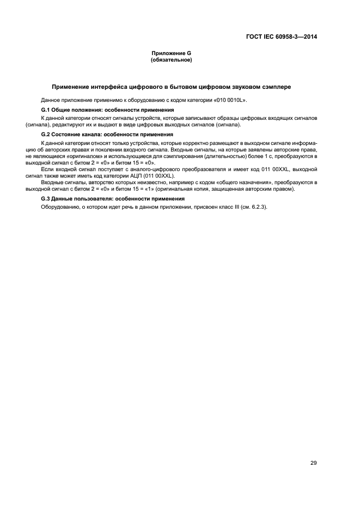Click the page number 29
click(314, 448)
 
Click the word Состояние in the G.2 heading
click(70, 134)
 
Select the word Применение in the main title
click(71, 87)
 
